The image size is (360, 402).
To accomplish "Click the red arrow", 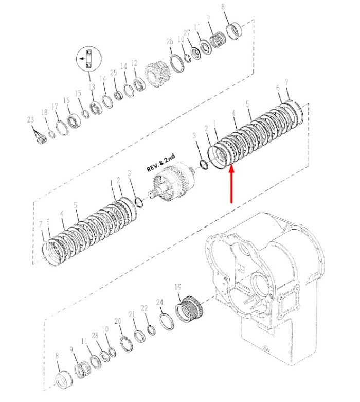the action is (x=231, y=184).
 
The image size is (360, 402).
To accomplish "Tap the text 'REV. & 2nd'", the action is (x=161, y=163).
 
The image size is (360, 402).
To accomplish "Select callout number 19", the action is (x=178, y=287).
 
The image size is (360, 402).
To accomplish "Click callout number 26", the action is (x=170, y=41).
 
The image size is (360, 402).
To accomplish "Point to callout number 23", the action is (x=30, y=120).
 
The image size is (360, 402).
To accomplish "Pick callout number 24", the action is (x=159, y=302).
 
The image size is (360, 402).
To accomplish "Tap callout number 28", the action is (x=95, y=335).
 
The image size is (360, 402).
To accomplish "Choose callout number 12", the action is (x=134, y=63).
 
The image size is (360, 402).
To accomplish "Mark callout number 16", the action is (x=66, y=100).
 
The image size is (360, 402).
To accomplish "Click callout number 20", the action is (x=118, y=321).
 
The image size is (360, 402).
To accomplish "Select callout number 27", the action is (x=187, y=32).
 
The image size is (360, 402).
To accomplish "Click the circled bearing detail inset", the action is (x=89, y=59).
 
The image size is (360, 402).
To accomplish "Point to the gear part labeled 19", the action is (x=190, y=309).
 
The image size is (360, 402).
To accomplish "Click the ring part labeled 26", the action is (x=177, y=63).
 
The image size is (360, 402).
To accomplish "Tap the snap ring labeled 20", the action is (x=127, y=344).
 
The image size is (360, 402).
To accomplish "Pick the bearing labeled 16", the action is (x=74, y=121).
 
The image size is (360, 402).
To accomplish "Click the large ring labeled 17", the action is (x=62, y=128).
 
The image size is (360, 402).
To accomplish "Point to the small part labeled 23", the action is (x=42, y=140).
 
